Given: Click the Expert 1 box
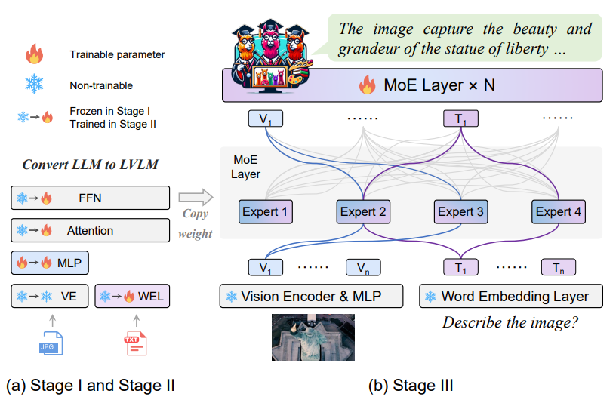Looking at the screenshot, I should (x=264, y=212).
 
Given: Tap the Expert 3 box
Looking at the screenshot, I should (x=460, y=212).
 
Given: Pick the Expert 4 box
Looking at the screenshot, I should (x=558, y=212).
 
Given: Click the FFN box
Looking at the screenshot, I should (x=90, y=199).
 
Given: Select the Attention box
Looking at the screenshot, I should (x=90, y=230).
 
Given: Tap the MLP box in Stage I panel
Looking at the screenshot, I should (x=51, y=263).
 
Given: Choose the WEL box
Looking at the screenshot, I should (x=134, y=296).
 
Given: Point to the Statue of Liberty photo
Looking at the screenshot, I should (x=313, y=337).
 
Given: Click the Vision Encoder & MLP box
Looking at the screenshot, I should (x=313, y=296).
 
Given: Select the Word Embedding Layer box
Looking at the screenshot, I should (x=511, y=296).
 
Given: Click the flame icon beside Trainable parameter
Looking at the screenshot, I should (x=34, y=54).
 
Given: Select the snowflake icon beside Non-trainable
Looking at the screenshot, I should (x=34, y=85).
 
